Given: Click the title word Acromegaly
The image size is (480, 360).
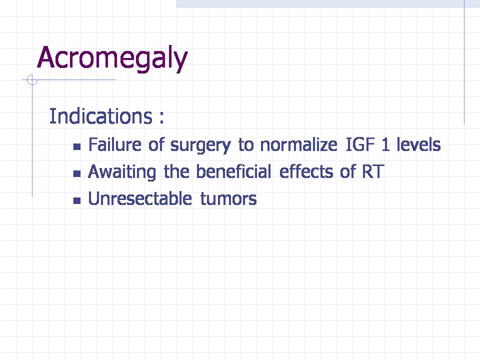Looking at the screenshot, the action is click(x=112, y=58).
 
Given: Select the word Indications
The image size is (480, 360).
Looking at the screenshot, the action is click(x=100, y=116).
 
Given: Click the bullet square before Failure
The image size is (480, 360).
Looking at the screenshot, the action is click(x=77, y=146).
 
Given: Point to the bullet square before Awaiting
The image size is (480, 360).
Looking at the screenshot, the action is click(x=77, y=173).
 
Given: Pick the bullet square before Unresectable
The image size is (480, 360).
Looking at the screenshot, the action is click(x=77, y=200).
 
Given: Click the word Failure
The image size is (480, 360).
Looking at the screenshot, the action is click(x=115, y=144).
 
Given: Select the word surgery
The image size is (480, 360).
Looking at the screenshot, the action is click(x=200, y=145).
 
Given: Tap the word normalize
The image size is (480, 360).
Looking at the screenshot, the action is click(x=299, y=144).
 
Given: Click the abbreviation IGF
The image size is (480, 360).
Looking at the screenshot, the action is click(x=360, y=144).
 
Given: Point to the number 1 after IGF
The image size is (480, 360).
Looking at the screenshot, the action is click(x=385, y=145).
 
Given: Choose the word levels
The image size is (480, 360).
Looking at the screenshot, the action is click(x=419, y=144).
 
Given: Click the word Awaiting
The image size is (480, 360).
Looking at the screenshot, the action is click(x=122, y=172).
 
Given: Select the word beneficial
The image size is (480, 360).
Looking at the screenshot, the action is click(x=233, y=171).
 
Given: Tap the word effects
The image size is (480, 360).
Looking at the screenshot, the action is click(x=306, y=171).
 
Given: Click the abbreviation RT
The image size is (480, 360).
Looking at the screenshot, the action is click(x=373, y=171).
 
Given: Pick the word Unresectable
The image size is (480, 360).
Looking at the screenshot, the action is click(x=140, y=198).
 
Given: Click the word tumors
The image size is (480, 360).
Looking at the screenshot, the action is click(x=228, y=199).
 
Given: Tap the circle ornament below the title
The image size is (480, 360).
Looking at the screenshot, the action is click(x=32, y=80).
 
